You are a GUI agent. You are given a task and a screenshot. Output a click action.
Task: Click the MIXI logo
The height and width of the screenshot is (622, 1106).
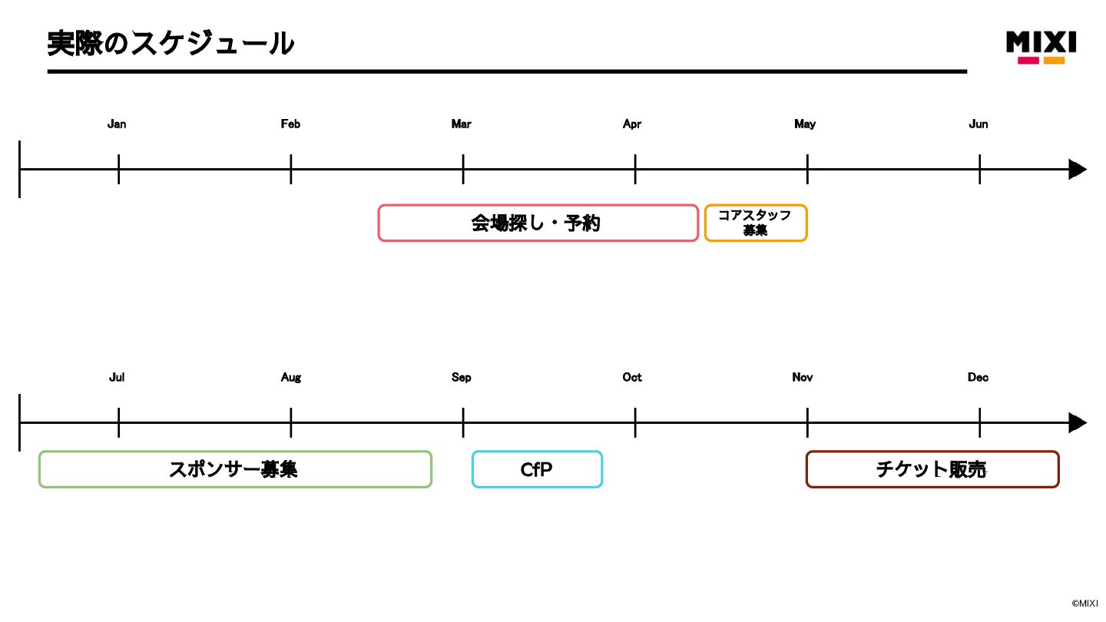(x=1041, y=46)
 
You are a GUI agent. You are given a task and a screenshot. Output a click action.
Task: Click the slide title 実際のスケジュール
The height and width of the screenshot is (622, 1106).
(x=171, y=43)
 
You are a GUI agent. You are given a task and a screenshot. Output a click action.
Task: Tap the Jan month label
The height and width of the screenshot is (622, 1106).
(x=117, y=124)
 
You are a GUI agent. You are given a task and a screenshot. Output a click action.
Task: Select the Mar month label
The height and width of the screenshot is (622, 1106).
(x=461, y=124)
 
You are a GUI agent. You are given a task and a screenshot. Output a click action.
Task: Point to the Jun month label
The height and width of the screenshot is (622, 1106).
(x=978, y=124)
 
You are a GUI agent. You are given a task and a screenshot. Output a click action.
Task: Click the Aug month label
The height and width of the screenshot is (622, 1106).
(x=290, y=377)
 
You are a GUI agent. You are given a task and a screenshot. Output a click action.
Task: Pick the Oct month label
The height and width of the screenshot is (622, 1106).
(x=632, y=377)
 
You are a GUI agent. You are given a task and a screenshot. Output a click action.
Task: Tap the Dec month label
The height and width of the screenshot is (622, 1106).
(x=978, y=377)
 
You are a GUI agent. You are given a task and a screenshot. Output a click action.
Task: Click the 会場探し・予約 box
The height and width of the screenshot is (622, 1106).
(x=538, y=223)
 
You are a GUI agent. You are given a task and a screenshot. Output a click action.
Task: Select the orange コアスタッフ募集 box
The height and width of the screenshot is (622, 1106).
(x=756, y=223)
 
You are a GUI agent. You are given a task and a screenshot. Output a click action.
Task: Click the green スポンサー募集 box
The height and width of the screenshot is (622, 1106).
(x=235, y=469)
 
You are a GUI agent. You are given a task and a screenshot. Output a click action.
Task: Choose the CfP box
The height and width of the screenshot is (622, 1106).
(x=537, y=469)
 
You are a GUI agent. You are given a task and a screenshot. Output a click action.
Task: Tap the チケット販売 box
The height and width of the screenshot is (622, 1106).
(x=932, y=469)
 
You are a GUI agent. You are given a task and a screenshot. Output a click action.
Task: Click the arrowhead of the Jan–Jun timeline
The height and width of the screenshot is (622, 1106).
(x=1078, y=170)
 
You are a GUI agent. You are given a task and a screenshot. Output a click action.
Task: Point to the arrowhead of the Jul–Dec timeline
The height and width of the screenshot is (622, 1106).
(x=1078, y=423)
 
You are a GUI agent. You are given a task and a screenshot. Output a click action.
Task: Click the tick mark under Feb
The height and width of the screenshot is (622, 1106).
(x=291, y=169)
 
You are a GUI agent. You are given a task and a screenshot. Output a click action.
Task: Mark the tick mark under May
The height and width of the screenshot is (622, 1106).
(x=807, y=169)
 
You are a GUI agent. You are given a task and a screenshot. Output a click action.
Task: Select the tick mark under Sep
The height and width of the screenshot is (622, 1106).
(x=463, y=422)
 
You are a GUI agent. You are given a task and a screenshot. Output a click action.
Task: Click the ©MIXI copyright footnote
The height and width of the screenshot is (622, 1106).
(x=1084, y=604)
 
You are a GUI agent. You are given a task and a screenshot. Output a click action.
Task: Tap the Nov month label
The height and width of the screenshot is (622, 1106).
(x=802, y=377)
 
